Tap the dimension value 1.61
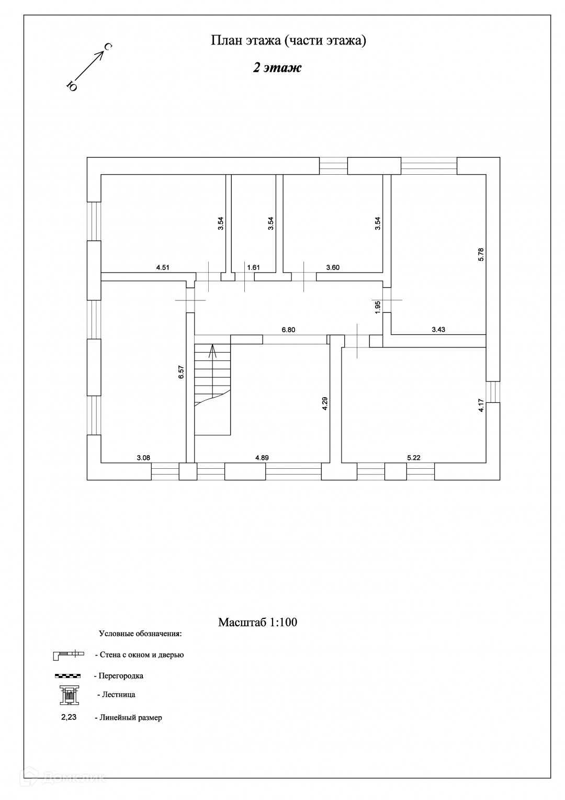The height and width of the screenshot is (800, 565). pos(253,267)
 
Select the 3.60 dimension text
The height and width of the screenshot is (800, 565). pos(333,267)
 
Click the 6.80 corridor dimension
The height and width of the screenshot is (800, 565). pos(288,330)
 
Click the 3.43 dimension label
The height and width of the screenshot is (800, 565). pos(438,329)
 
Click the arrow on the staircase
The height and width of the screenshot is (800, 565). pos(212,351)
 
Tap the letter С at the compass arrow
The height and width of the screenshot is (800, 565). pos(107,48)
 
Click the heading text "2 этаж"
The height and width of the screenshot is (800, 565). pos(277,68)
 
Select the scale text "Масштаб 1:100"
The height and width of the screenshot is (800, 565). pos(257,622)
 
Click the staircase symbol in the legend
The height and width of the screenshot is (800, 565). pos(69,695)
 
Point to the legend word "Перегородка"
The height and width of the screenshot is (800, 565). pos(121,675)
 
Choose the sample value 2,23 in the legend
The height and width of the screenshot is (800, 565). pos(69,717)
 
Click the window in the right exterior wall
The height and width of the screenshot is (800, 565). pos(493,391)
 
